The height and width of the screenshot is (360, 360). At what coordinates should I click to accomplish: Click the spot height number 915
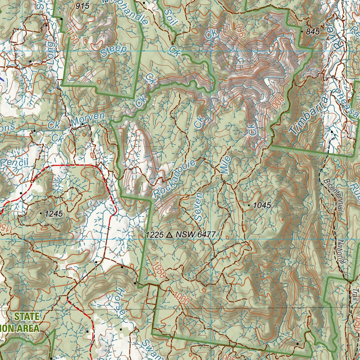82,6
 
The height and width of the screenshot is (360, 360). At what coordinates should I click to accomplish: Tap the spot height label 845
313,32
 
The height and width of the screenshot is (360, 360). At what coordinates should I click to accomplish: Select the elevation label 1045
262,205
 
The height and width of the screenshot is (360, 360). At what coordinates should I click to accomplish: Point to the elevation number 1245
53,213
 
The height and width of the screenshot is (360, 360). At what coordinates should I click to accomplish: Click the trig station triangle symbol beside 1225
169,235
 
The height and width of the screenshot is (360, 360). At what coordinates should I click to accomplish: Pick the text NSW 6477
195,235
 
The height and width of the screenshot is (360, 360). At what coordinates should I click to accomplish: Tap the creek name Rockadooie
174,178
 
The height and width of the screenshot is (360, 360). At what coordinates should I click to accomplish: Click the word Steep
113,51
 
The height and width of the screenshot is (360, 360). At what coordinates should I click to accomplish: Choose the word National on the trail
341,252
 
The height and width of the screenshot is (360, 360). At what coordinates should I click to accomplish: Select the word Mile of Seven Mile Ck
226,165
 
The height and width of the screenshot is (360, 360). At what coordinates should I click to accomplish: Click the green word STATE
27,316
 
